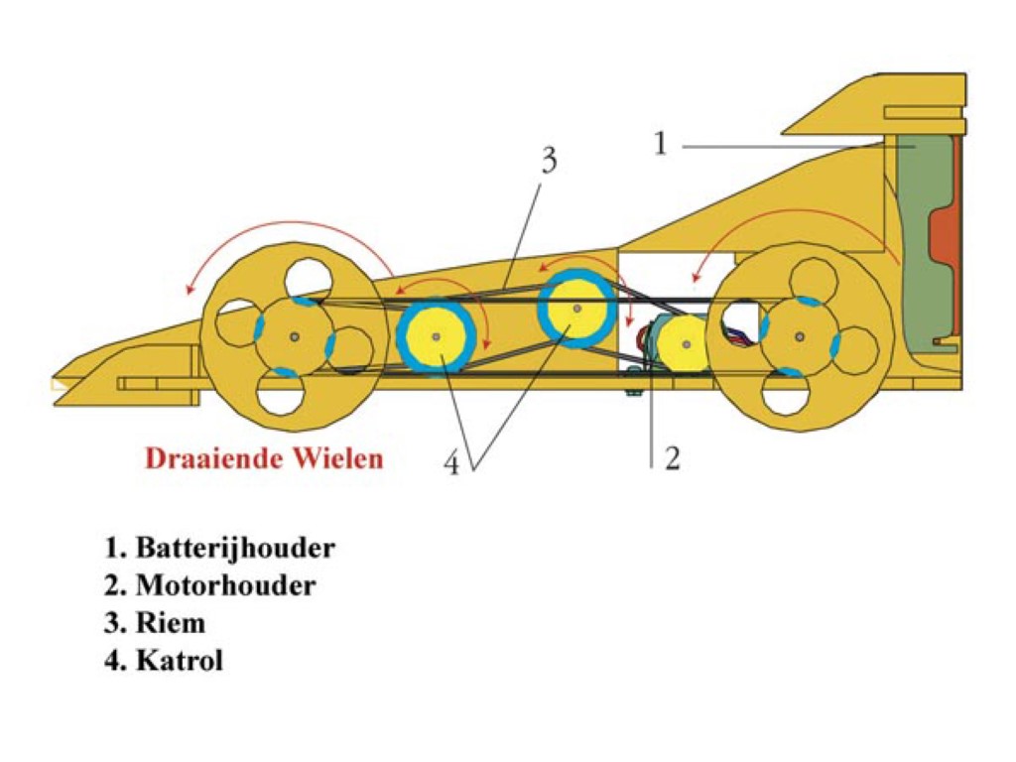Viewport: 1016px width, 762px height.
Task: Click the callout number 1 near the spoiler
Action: click(660, 143)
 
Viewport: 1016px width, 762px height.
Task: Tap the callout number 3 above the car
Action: click(549, 160)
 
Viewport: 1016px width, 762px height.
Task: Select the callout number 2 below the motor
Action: click(672, 458)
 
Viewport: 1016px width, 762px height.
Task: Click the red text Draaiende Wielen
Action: click(264, 458)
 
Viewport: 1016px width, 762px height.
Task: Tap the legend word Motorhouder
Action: click(226, 585)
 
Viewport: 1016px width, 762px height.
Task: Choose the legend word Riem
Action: click(171, 623)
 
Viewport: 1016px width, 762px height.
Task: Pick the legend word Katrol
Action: click(180, 661)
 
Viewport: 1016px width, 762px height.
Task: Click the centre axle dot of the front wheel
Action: click(295, 337)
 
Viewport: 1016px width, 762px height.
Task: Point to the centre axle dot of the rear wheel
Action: click(800, 337)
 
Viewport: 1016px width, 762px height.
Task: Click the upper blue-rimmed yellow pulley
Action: click(576, 309)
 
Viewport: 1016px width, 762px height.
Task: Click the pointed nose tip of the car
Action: click(55, 382)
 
